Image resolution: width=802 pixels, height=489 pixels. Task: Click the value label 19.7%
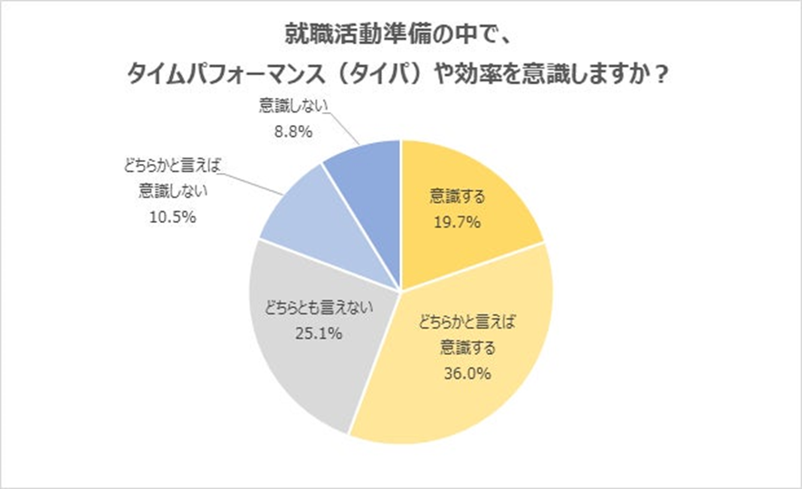click(x=455, y=219)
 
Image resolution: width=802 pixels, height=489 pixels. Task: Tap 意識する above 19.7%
click(x=455, y=194)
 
